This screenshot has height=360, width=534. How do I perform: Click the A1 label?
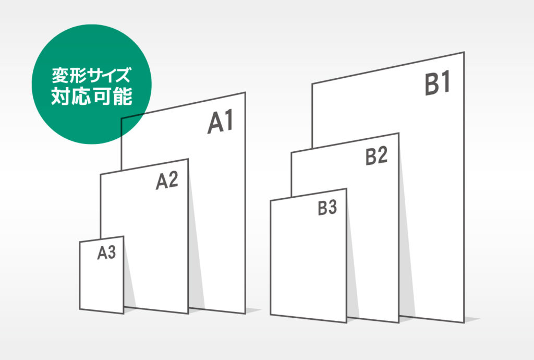221,122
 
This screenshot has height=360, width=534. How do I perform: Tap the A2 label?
167,181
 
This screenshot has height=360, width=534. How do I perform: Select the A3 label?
106,253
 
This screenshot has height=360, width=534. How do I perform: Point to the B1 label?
438,83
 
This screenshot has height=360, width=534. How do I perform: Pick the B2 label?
377,157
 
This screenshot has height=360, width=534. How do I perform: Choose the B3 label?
327,208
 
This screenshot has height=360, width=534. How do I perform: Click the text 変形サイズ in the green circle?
91,75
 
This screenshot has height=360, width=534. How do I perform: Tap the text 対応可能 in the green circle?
92,97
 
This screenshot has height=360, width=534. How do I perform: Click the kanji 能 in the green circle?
123,97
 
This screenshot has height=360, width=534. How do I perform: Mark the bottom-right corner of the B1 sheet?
464,322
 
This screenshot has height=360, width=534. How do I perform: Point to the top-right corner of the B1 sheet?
464,52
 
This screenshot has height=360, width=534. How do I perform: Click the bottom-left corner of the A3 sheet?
80,309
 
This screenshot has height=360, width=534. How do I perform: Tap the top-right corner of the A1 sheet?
245,92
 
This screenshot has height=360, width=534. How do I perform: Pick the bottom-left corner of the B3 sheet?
271,315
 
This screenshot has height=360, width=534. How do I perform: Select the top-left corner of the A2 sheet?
101,175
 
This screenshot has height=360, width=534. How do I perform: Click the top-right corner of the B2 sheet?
398,133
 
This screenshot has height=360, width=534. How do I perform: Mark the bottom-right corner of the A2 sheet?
188,314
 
